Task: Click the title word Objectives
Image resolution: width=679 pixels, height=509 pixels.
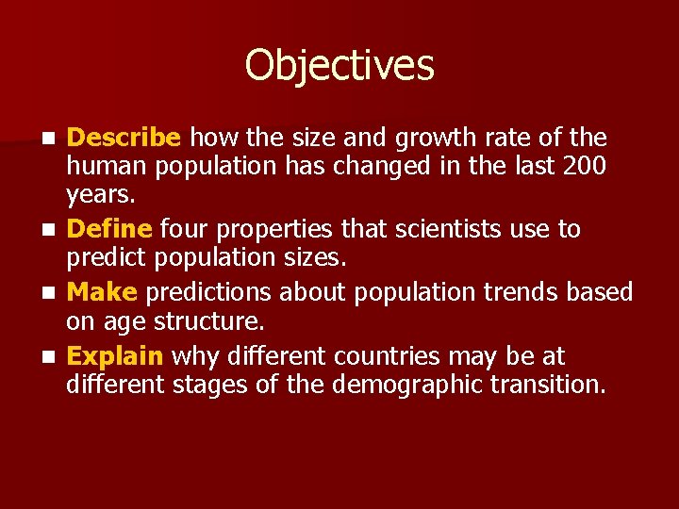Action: click(x=339, y=66)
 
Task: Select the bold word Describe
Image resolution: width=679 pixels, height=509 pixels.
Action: click(x=124, y=139)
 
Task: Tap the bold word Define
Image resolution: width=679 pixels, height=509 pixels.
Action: click(x=109, y=229)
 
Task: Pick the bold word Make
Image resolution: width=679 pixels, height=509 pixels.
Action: click(x=103, y=293)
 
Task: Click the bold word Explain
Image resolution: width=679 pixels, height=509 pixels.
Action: click(x=116, y=357)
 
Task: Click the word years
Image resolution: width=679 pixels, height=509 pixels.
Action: click(x=100, y=195)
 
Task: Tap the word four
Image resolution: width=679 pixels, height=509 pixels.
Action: click(x=185, y=229)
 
